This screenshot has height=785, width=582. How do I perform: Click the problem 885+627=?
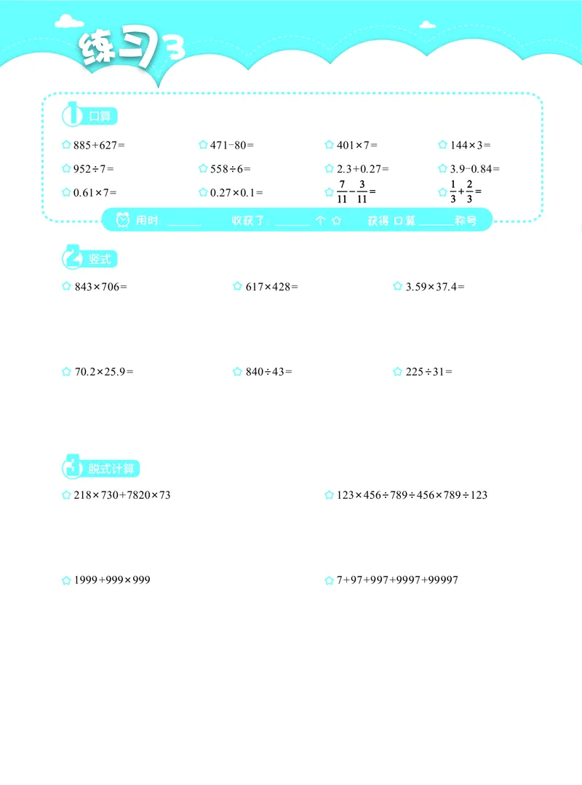point(99,145)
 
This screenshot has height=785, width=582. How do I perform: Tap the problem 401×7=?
point(356,145)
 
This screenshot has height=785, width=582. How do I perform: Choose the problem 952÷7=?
point(94,169)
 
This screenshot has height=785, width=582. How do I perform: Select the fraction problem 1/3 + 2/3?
point(466,192)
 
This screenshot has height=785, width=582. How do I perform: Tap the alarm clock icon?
point(123,220)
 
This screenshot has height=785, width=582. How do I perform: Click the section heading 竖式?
point(101,260)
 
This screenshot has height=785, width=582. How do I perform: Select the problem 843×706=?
point(100,287)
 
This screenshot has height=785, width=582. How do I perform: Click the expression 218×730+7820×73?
point(122,495)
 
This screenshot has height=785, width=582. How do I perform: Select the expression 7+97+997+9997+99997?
point(396,580)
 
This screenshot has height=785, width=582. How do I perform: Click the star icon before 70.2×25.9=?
point(66,371)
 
